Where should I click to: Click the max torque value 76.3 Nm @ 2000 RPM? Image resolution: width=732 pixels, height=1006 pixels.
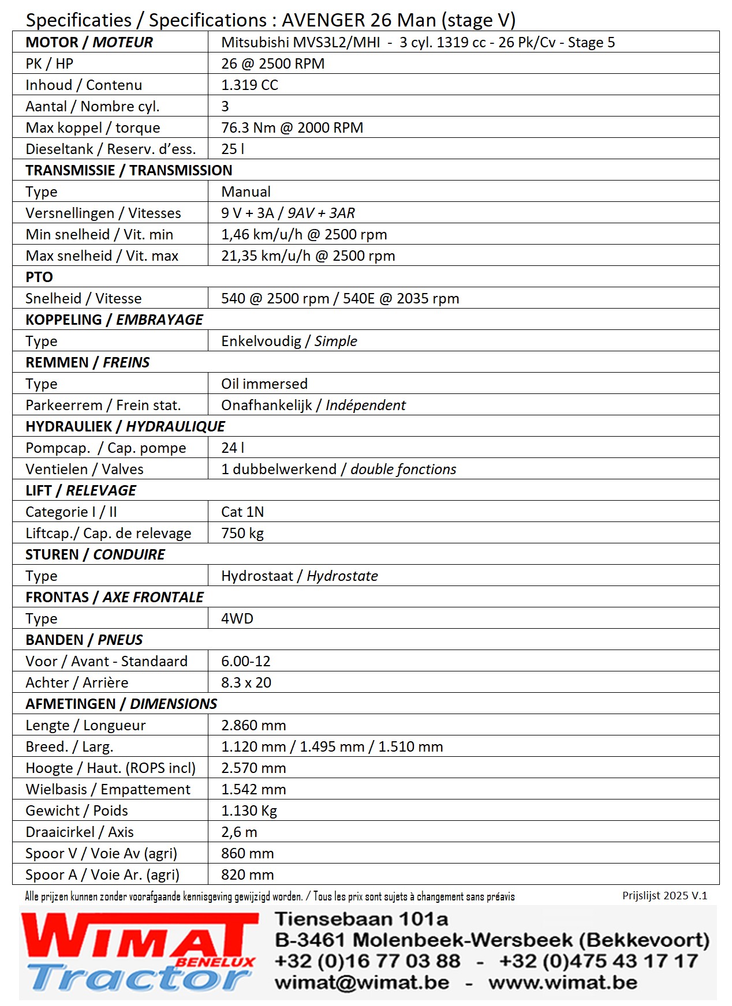point(292,127)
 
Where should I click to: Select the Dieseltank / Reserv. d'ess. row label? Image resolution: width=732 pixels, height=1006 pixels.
point(111,149)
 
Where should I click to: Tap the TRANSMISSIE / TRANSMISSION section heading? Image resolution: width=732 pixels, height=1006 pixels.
point(129,170)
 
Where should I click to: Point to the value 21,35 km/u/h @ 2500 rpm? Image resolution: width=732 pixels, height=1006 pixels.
point(308,256)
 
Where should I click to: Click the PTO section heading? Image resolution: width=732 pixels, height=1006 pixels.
point(39,277)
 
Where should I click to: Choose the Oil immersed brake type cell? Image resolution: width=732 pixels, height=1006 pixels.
point(264,384)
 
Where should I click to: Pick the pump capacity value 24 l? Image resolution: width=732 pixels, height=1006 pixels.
point(233,448)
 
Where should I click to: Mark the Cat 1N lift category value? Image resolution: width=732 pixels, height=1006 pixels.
point(242,512)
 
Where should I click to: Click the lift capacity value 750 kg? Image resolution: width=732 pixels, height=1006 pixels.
point(242,533)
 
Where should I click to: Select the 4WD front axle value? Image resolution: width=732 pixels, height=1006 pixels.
point(237,618)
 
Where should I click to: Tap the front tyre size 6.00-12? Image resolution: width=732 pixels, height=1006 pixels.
point(246,661)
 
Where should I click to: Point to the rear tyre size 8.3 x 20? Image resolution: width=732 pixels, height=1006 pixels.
point(247,682)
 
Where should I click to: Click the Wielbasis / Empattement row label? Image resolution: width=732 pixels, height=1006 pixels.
point(108,789)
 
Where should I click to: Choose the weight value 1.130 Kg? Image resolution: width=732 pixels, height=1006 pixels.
point(249,810)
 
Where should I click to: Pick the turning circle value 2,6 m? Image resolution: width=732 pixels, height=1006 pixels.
point(239,832)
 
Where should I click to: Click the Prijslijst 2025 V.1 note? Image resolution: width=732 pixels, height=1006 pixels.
point(664,895)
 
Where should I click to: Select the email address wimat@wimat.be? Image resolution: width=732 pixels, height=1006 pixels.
point(362,982)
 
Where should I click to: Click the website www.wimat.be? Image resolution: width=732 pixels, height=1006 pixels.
point(563,982)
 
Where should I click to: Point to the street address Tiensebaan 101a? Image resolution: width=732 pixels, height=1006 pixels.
point(361,919)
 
